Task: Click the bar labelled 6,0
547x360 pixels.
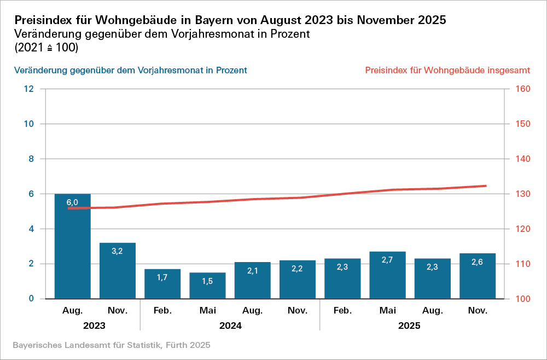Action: point(72,246)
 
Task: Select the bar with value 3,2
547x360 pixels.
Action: point(117,271)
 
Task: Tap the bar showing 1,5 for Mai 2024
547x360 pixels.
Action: point(207,286)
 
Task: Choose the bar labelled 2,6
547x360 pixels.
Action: point(478,276)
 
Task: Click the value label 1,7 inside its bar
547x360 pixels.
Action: point(162,277)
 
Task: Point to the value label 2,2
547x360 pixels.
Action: point(298,269)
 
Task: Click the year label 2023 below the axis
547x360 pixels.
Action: point(95,326)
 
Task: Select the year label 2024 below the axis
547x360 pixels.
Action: point(230,326)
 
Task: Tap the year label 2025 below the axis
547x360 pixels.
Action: point(410,326)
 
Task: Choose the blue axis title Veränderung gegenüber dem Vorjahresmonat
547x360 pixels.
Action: point(131,71)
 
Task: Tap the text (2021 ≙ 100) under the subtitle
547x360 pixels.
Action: point(46,48)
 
